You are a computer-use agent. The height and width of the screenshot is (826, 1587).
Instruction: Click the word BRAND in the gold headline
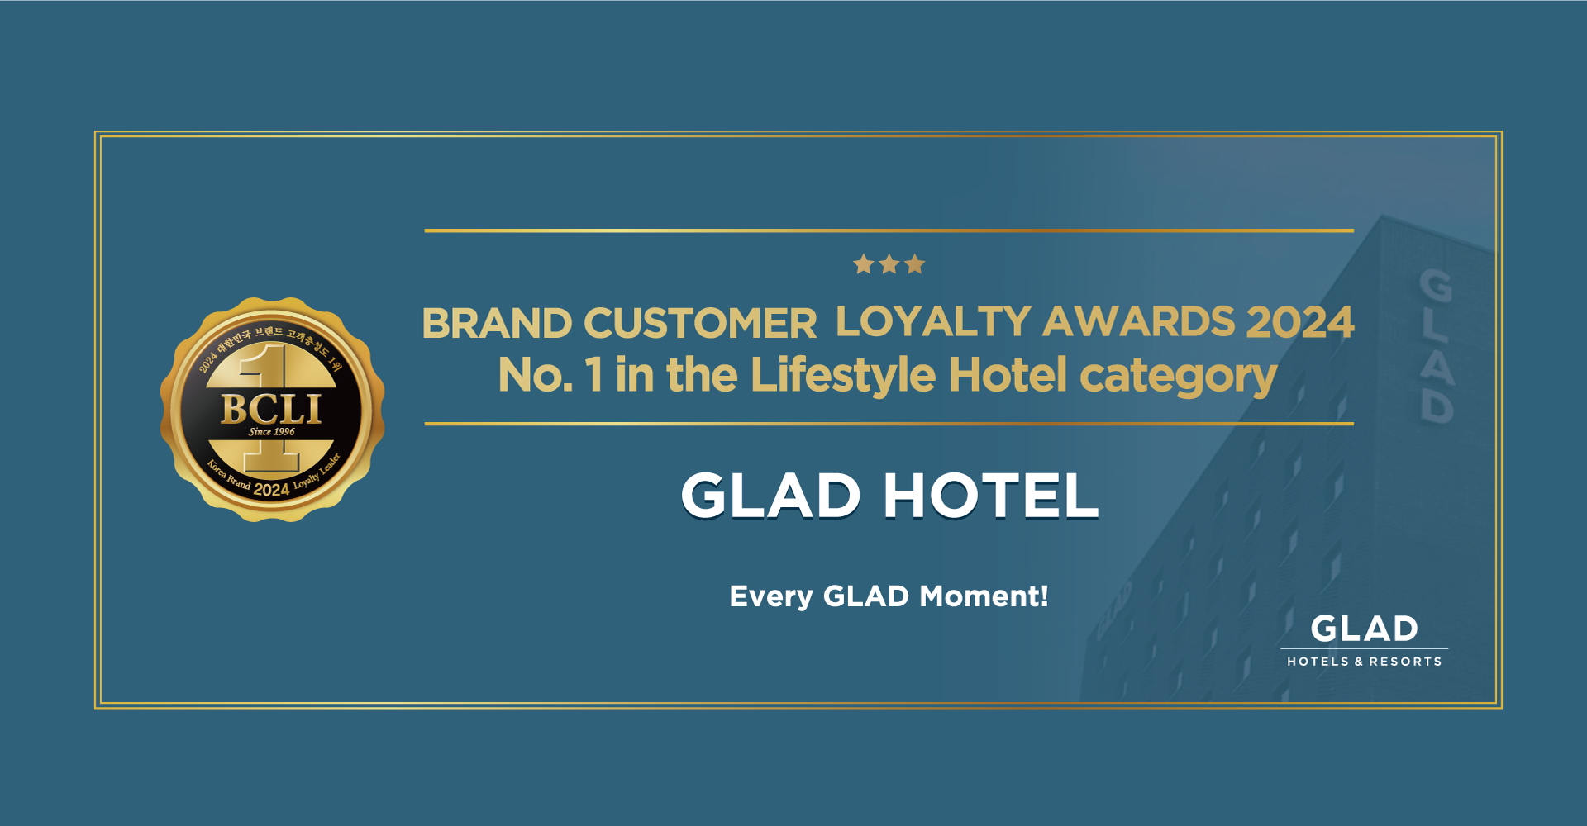click(497, 323)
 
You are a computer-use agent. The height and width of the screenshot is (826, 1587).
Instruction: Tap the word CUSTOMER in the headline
click(701, 323)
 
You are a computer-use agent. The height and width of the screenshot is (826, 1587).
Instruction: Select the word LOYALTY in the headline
click(933, 321)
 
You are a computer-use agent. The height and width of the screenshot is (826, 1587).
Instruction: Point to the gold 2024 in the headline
click(1300, 321)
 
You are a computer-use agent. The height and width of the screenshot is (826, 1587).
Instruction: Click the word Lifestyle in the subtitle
click(843, 377)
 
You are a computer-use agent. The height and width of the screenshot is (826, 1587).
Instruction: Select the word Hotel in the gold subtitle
click(1008, 375)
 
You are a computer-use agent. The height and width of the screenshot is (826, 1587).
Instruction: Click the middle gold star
click(889, 264)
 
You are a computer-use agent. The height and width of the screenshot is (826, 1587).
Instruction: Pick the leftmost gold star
click(864, 264)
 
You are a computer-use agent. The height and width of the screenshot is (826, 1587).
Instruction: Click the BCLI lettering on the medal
click(271, 409)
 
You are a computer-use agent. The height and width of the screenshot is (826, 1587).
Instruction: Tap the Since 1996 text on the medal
click(272, 431)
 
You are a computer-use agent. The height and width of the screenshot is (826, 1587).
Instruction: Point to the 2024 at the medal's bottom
click(271, 490)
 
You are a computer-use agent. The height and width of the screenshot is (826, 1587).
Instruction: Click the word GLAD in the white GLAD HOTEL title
click(771, 496)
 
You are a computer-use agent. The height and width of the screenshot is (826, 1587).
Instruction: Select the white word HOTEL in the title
click(991, 496)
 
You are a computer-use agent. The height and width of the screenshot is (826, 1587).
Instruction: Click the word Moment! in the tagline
click(984, 596)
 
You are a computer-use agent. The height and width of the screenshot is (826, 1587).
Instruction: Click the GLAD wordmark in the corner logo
click(1364, 629)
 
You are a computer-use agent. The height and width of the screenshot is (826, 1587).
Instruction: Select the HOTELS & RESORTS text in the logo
click(1364, 662)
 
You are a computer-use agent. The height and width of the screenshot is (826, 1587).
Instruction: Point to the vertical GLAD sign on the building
click(1437, 345)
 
